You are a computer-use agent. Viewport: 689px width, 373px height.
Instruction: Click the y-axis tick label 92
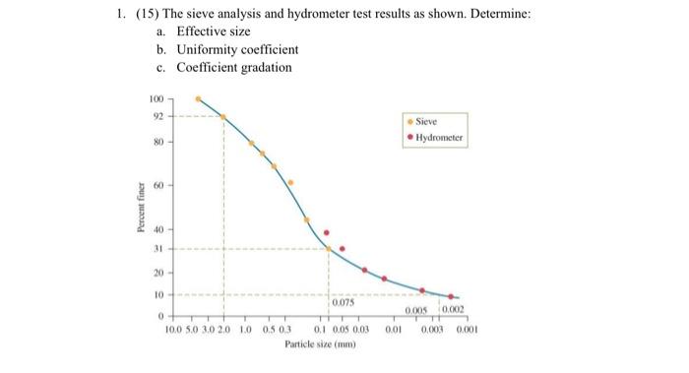(156, 116)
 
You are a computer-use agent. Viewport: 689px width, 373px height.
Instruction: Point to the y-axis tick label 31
(156, 248)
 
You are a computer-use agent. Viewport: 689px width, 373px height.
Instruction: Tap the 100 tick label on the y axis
(155, 99)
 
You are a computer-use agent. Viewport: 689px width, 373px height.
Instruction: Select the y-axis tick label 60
(156, 185)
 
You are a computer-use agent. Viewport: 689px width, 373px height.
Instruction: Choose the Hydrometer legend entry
(436, 138)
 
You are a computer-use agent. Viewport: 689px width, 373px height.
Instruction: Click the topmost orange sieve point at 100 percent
(198, 98)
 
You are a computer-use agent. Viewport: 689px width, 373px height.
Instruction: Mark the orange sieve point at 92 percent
(222, 117)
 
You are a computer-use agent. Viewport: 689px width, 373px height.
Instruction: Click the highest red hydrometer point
(327, 233)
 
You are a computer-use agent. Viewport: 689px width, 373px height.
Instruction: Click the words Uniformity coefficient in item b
(237, 49)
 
